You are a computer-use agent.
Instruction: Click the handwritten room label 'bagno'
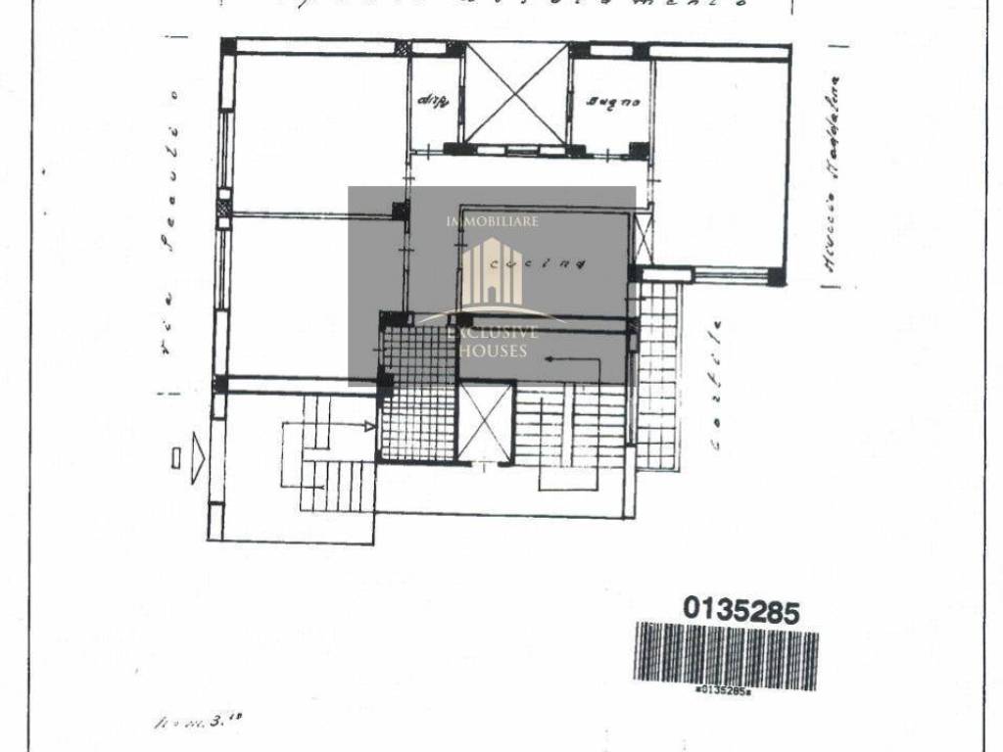(614, 101)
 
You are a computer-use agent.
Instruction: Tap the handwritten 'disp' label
(432, 100)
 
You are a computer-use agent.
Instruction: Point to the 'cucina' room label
(537, 262)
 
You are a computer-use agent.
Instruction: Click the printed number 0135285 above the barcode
(741, 611)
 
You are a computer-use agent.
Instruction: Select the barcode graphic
(726, 655)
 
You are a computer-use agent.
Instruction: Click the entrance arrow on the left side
(198, 456)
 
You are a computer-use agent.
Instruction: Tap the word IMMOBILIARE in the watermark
(493, 222)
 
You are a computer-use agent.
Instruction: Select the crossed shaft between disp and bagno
(516, 93)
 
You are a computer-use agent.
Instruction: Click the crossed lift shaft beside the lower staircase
(486, 422)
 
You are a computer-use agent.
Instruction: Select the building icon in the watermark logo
(493, 272)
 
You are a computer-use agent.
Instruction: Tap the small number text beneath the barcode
(722, 689)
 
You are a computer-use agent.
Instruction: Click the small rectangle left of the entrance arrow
(175, 457)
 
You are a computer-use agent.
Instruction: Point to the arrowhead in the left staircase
(369, 426)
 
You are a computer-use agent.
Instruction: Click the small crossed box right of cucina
(644, 237)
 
